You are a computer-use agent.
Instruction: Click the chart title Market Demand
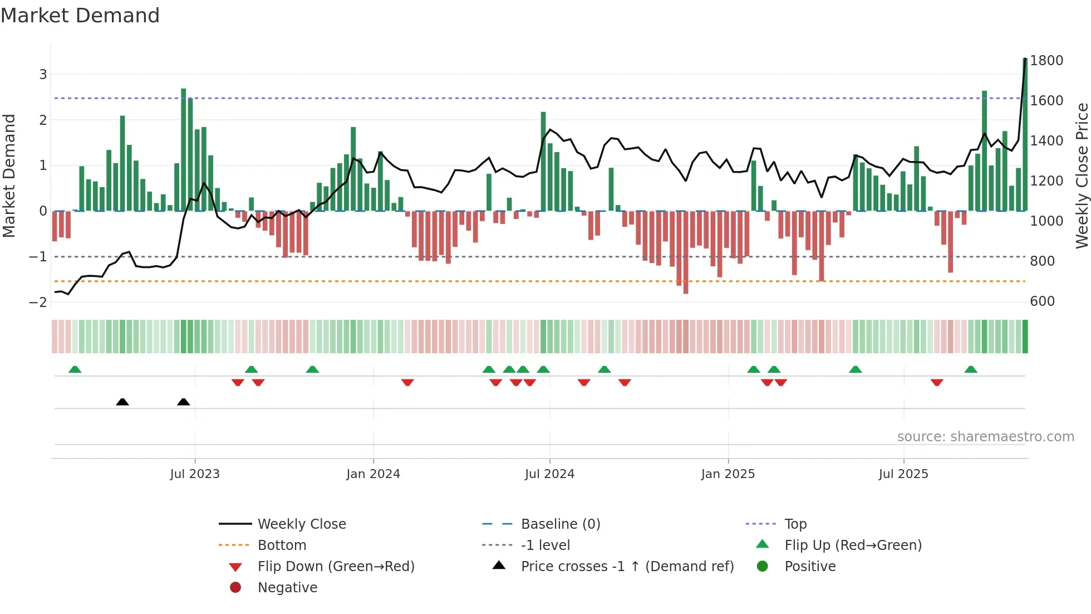point(80,16)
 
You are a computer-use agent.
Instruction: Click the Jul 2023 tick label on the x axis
point(195,474)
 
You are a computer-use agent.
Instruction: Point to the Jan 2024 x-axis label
point(373,474)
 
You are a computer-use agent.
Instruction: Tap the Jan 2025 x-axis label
point(728,474)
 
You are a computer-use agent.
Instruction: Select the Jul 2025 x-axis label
point(903,474)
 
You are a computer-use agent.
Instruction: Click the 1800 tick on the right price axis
point(1046,60)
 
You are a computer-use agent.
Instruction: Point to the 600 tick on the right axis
point(1042,301)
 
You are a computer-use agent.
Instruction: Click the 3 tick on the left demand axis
point(43,74)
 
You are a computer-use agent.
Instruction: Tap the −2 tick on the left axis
point(38,303)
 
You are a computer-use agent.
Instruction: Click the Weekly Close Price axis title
point(1082,176)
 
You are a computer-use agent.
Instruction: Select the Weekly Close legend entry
point(301,524)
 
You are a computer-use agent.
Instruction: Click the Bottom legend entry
point(282,545)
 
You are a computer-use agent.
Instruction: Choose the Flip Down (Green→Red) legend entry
point(336,567)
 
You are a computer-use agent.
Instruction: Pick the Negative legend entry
point(287,588)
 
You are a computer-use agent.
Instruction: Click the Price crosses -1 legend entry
point(627,567)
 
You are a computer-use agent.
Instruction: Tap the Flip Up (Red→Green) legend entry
point(853,545)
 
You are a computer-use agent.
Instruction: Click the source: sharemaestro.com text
point(985,437)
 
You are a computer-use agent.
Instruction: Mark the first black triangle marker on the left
point(122,402)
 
